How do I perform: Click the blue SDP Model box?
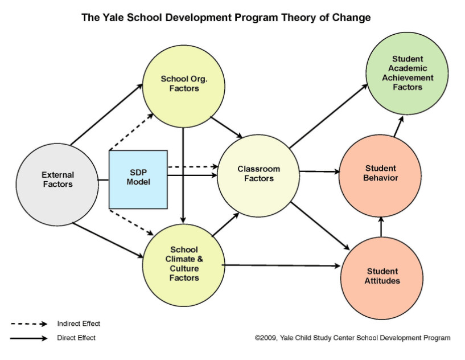tap(138, 179)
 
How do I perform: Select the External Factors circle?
tap(57, 185)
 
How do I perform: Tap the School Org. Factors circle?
tap(184, 87)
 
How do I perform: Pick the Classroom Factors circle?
tap(258, 175)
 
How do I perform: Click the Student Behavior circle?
tap(380, 175)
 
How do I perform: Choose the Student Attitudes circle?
tap(382, 278)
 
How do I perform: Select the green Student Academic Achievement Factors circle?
tap(407, 73)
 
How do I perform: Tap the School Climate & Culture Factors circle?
tap(184, 265)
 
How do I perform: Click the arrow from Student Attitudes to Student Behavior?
tap(381, 227)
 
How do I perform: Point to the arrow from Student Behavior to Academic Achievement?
tap(398, 126)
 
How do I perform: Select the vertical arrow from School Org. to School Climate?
tap(183, 175)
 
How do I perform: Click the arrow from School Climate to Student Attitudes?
tap(281, 265)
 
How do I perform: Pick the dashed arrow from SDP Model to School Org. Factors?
tap(131, 132)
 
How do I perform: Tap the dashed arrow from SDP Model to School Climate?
tap(131, 223)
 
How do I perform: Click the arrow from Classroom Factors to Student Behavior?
tap(320, 171)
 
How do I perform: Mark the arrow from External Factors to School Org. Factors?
tap(107, 114)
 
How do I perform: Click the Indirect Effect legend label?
tap(79, 324)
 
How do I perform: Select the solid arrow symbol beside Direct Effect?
tap(29, 338)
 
